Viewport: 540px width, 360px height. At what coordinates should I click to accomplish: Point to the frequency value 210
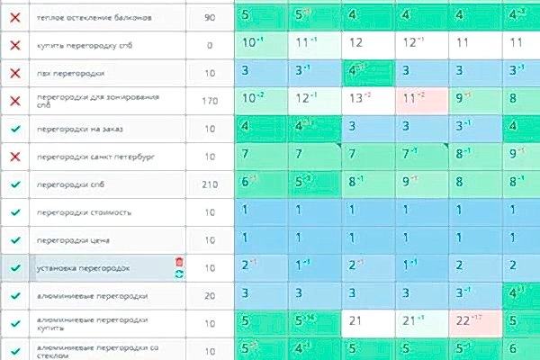tap(210, 184)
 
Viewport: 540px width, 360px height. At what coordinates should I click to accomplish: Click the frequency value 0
tap(210, 44)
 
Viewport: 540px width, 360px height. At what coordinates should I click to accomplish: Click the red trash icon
tap(179, 261)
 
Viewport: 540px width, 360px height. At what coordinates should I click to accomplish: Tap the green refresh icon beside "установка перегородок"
tap(179, 274)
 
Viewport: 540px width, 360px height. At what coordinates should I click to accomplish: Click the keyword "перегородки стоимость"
tap(82, 212)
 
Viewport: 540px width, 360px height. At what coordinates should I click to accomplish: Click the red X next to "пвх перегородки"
tap(14, 73)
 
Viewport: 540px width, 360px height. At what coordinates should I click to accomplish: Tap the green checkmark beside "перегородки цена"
tap(14, 240)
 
